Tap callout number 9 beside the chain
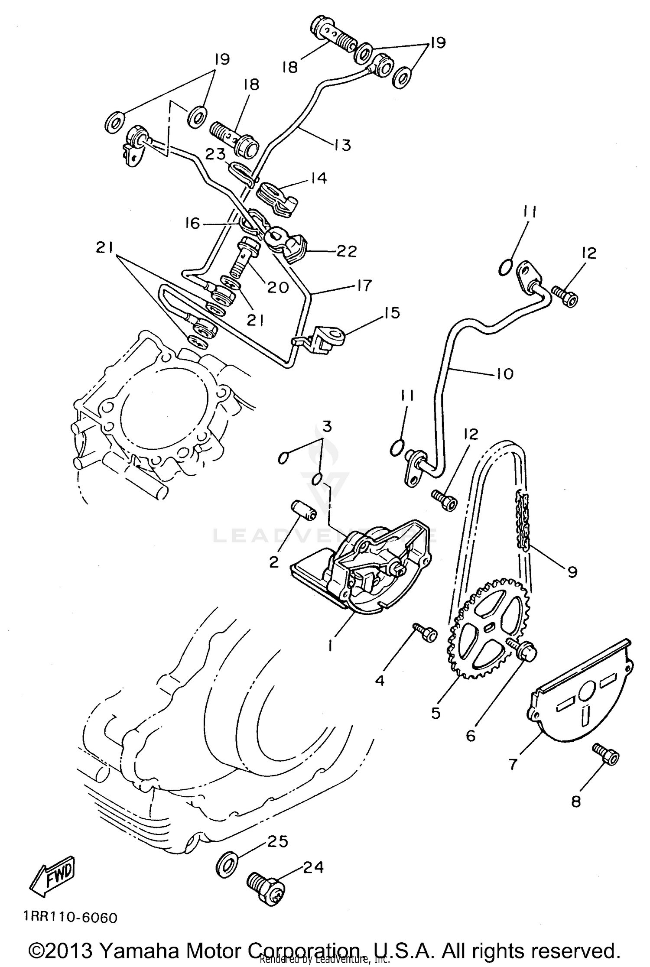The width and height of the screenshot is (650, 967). (x=572, y=572)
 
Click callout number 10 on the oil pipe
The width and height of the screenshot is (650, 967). (x=504, y=373)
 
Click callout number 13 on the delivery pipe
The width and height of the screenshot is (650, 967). (x=342, y=145)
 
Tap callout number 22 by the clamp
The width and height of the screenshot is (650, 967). (x=347, y=251)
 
